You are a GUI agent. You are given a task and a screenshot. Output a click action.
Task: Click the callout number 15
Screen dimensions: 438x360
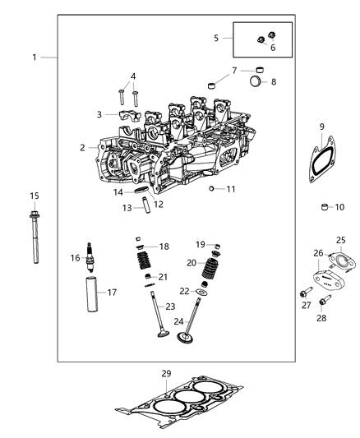point(34,196)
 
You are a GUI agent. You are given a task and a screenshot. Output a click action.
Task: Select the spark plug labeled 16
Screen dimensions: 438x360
point(90,258)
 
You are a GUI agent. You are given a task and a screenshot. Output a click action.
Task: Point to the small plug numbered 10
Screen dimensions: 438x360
point(324,207)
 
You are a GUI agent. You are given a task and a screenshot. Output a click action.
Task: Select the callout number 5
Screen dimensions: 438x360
point(217,38)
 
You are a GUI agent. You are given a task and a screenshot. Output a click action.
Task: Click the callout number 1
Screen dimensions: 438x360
point(35,58)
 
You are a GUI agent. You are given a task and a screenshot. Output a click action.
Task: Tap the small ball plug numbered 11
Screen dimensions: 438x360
point(211,189)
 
